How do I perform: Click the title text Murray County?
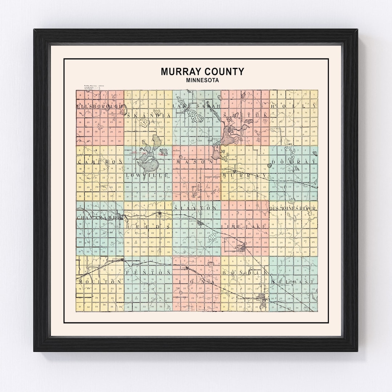click(203, 72)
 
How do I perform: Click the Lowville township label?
click(147, 175)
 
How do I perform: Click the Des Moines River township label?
click(293, 208)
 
